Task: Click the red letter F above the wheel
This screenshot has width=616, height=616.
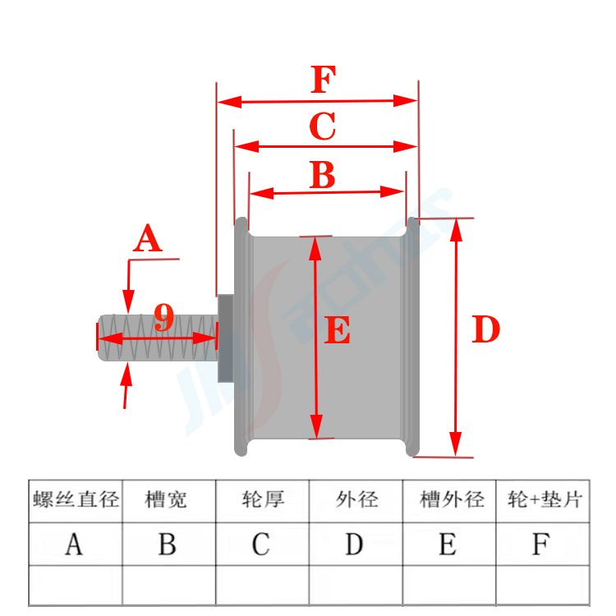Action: pos(324,81)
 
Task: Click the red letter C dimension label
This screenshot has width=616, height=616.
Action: pos(322,127)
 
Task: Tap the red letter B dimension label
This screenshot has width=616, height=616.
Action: pos(322,175)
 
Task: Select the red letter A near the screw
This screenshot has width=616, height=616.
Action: pos(148,240)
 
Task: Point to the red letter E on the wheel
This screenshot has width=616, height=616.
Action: pos(338,332)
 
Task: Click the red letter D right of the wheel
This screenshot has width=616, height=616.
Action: pos(486,330)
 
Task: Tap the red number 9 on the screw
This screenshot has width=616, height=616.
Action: pos(164,318)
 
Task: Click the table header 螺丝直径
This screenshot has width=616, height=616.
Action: pos(76,500)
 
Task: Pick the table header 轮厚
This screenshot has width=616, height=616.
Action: pos(263,500)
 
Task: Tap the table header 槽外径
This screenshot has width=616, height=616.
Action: pos(451,500)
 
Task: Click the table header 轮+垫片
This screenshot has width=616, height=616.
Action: pos(544,500)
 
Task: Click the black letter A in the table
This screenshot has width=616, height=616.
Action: pos(75,544)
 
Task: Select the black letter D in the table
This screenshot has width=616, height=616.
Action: pos(355,544)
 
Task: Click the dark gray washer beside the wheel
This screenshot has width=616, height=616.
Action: pos(224,338)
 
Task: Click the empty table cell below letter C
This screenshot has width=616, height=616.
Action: pos(262,585)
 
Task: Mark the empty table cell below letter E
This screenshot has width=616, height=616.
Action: pos(449,585)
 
